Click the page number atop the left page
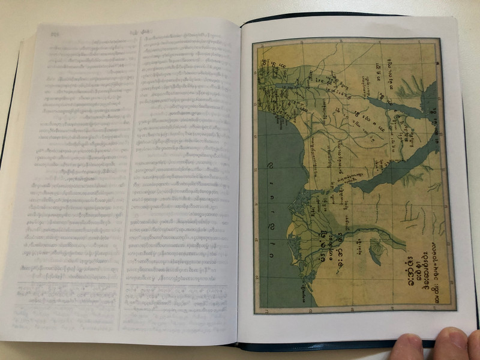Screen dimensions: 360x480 [x=56, y=33]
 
